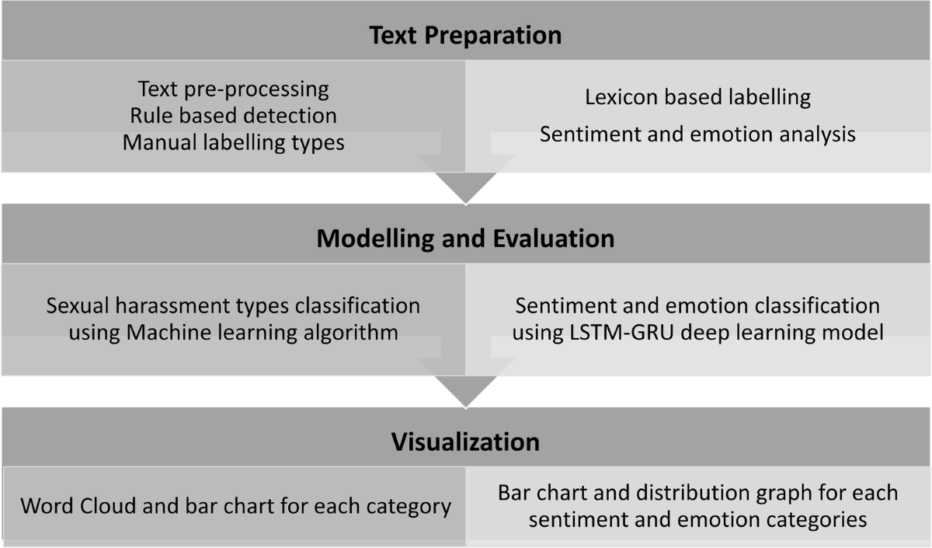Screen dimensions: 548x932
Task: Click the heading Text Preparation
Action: tap(465, 36)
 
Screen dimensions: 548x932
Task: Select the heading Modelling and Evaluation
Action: tap(465, 238)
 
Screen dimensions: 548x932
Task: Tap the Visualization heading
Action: tap(465, 442)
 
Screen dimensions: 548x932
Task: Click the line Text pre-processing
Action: tap(234, 89)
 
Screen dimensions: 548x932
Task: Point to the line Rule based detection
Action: tap(234, 116)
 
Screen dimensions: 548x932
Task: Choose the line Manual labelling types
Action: tap(234, 142)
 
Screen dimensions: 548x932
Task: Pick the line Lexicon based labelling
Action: tap(697, 97)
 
